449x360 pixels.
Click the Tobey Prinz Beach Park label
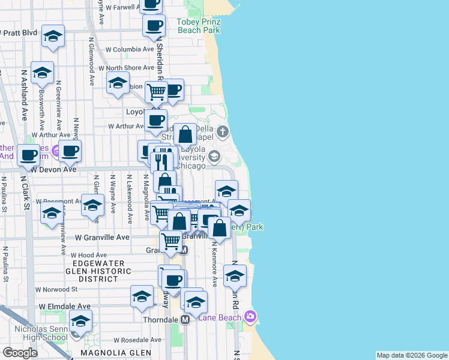pos(199,25)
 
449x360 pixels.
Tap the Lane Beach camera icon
pos(250,316)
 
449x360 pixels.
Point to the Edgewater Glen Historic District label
pos(98,271)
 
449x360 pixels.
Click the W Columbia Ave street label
pos(129,49)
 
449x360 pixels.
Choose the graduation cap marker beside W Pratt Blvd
pos(53,36)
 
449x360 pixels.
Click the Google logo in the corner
pos(20,353)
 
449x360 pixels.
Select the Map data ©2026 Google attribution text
pos(411,355)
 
